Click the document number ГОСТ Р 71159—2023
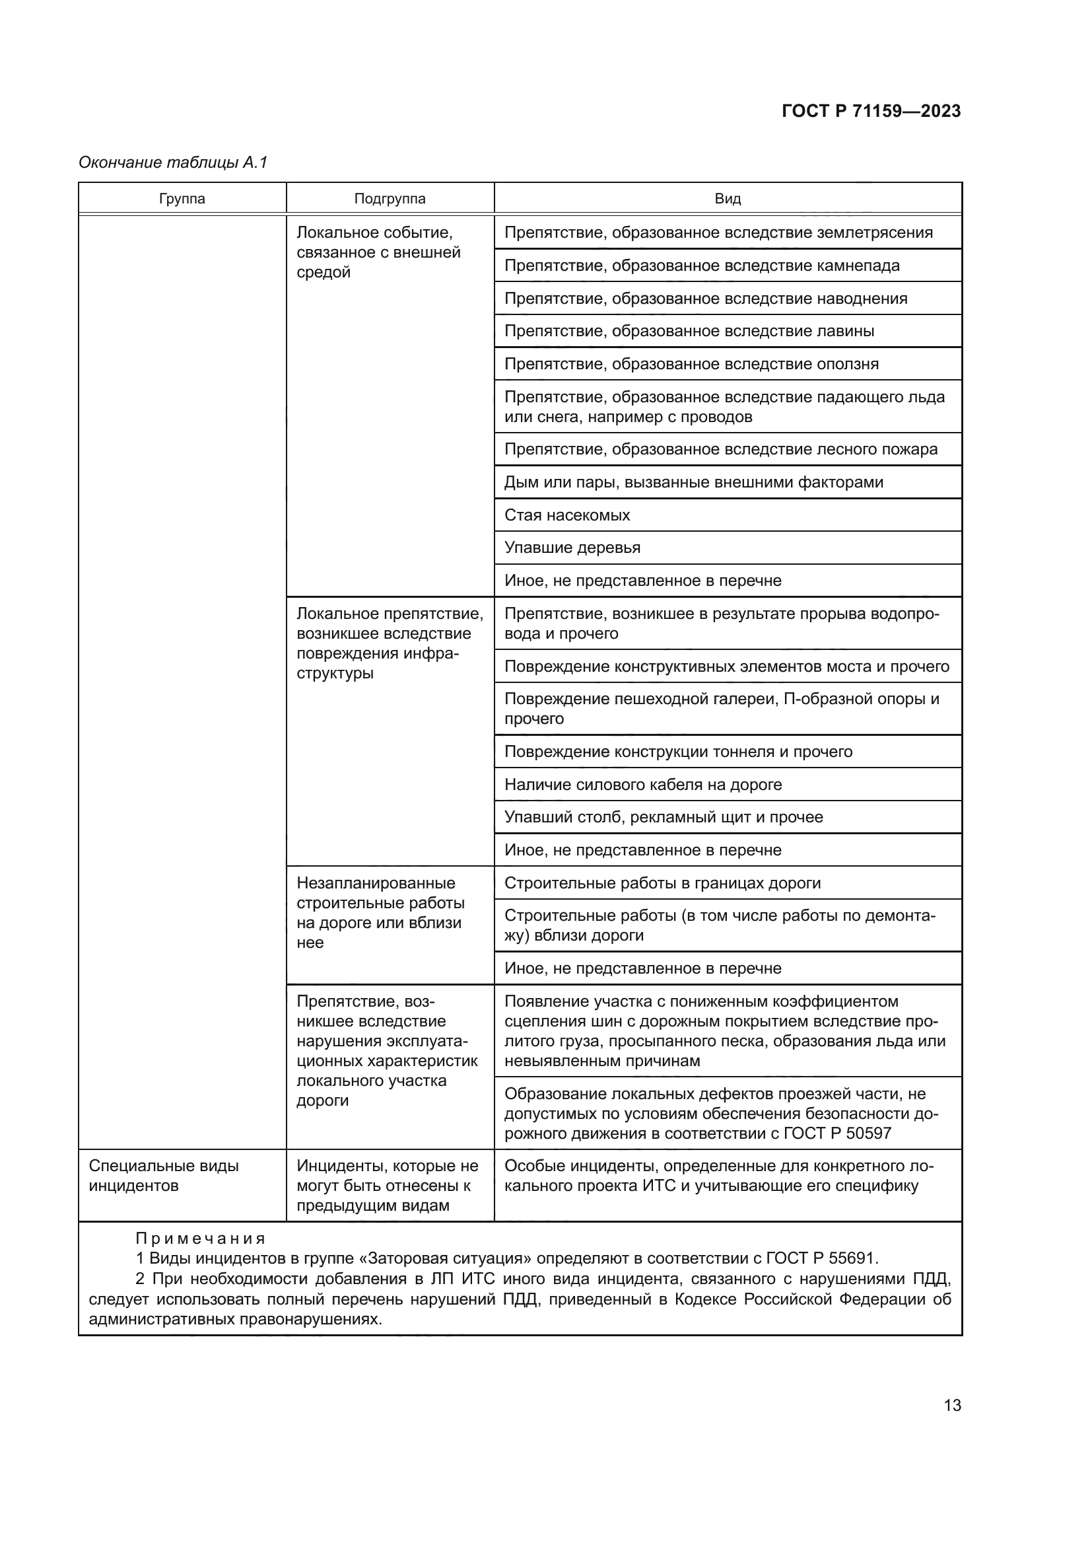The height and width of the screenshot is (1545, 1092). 871,111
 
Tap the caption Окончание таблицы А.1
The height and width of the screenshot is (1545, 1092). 173,162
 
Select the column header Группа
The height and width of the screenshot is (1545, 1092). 182,199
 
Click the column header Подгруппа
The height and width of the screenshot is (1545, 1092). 390,199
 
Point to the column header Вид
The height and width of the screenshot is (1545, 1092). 727,199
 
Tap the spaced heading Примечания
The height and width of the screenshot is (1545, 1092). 201,1238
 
